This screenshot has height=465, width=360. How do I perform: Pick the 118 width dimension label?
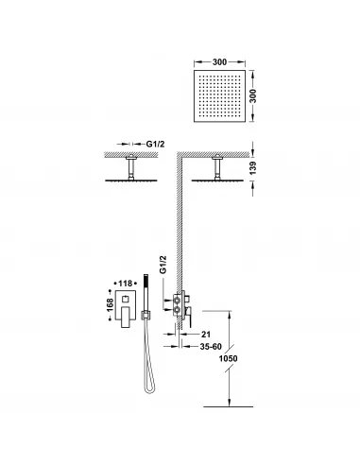point(122,282)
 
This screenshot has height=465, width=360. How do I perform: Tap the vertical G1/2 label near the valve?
point(163,265)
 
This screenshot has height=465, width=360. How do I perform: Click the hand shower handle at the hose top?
point(146,281)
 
